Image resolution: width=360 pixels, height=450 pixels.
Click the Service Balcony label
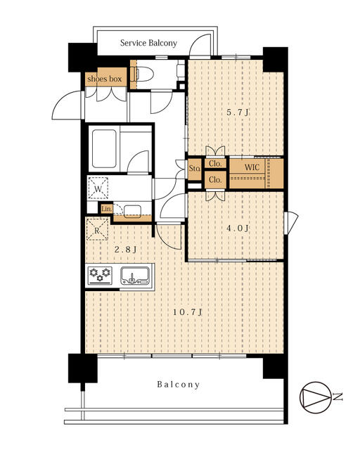[148, 43]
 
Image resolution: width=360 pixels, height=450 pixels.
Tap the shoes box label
[105, 79]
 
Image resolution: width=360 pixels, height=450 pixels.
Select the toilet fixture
[143, 75]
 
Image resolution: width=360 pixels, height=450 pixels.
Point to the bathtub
[104, 148]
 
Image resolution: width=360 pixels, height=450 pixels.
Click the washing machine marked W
[98, 188]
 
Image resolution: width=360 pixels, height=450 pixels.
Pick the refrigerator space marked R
[97, 230]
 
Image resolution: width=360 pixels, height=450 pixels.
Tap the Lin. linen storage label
[106, 209]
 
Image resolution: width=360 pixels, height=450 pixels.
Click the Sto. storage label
[194, 169]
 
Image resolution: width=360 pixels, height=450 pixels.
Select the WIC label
[252, 167]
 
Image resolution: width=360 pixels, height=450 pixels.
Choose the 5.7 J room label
[238, 112]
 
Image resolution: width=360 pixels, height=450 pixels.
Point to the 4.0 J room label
[238, 229]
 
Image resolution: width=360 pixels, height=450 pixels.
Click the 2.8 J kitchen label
[125, 250]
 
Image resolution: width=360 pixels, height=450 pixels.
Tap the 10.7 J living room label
[188, 312]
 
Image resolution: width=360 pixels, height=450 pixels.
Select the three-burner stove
[100, 276]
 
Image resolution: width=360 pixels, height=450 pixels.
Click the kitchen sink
[134, 276]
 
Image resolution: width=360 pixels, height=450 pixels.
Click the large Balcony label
[179, 385]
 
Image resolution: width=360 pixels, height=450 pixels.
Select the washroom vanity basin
[132, 211]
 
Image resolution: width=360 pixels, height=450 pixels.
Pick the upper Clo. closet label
[215, 164]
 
